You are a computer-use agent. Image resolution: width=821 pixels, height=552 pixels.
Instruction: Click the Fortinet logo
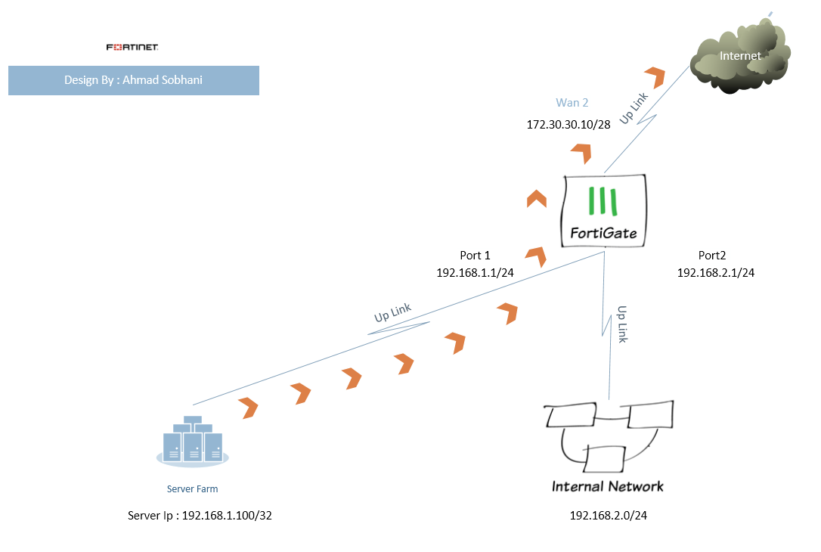pos(132,48)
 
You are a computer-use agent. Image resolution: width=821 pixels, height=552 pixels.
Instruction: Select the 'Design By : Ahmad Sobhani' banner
pos(134,81)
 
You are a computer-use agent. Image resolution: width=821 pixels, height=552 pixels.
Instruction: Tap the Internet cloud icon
pos(740,60)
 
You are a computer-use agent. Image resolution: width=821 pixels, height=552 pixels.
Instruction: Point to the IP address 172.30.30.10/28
pos(569,123)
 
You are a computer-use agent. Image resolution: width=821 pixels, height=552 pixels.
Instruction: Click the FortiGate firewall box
pos(605,210)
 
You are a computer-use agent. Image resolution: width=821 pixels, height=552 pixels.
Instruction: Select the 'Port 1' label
pos(475,256)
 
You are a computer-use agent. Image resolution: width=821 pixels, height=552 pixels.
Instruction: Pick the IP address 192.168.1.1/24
pos(475,273)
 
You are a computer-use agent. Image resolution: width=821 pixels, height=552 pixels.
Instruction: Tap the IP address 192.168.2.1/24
pos(715,273)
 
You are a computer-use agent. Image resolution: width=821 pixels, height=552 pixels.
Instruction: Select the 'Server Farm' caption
pos(192,489)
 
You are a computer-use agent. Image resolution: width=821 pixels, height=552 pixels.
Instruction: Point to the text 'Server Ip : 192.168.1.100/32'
pos(200,516)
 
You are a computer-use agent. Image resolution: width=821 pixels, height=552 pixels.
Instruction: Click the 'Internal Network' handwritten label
pos(608,486)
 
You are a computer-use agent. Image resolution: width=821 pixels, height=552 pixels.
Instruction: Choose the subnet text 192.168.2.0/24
pos(608,516)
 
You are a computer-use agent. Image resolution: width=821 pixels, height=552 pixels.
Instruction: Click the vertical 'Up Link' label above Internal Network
pos(622,324)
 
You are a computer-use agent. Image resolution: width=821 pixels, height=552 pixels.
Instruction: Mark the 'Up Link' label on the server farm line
pos(392,313)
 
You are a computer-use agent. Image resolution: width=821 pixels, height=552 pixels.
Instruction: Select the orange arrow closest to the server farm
pos(248,408)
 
